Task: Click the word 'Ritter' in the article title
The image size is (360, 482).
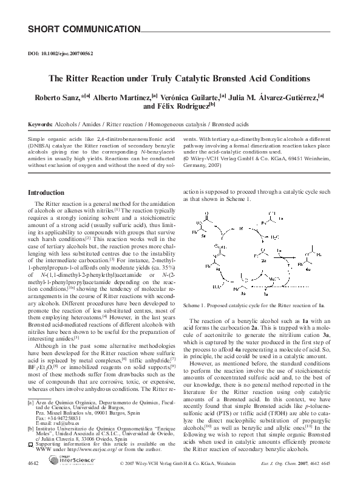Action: click(93, 78)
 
